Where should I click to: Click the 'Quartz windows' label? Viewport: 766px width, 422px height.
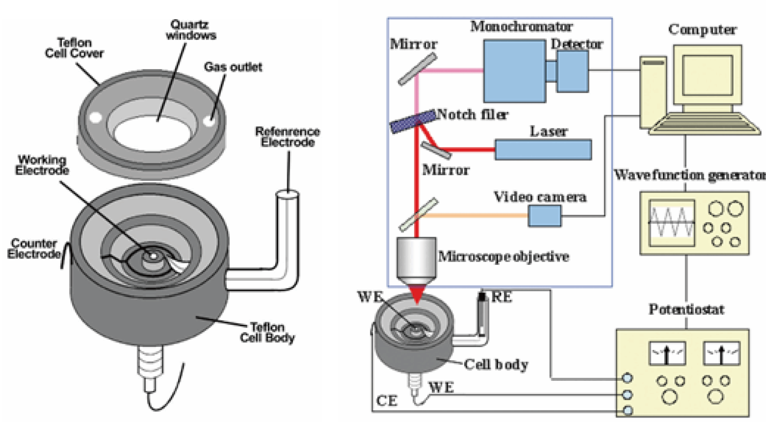191,30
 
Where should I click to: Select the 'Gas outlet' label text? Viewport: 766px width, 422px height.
233,67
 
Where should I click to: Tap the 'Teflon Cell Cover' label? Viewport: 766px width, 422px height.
74,48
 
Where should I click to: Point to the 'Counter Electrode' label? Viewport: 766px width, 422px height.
34,248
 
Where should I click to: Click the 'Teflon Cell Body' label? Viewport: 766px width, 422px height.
267,332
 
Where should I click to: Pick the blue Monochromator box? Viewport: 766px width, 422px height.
514,71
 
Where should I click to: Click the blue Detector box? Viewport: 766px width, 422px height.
572,71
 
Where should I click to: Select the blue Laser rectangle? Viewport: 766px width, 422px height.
543,150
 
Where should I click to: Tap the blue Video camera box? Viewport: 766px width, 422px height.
545,216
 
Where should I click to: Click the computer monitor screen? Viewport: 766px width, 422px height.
707,75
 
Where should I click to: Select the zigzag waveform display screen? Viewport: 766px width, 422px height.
672,223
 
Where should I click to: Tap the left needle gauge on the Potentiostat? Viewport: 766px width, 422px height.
667,353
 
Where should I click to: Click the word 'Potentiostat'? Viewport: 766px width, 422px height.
686,309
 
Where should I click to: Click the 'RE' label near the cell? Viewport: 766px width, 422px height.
502,297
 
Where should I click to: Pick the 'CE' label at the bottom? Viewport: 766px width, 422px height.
386,401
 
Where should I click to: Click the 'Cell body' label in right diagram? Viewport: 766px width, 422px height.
496,364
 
